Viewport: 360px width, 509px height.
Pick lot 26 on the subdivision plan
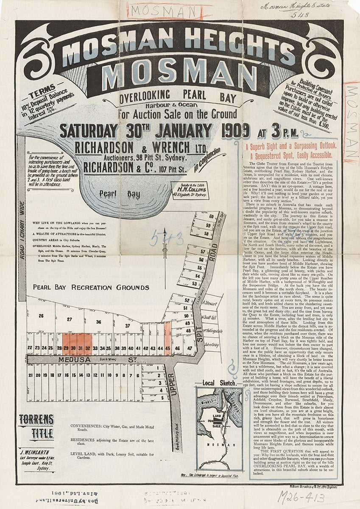41,316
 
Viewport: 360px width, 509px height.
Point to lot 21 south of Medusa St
30,375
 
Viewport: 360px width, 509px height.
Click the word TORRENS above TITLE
36,420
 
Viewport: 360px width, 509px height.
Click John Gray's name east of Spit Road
211,345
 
